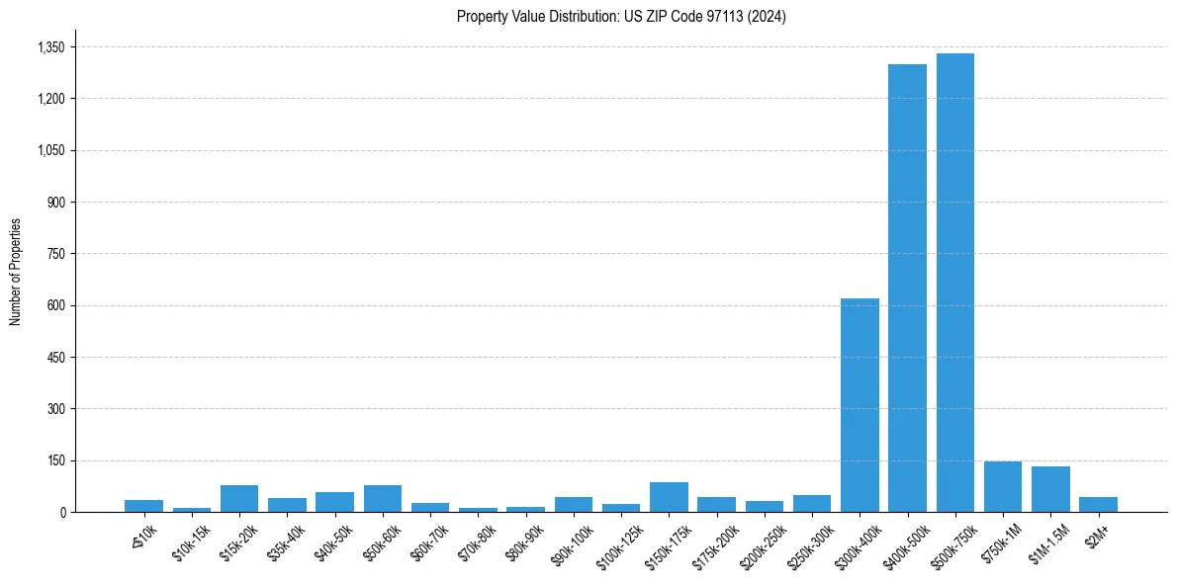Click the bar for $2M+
coord(1098,505)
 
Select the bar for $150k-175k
coord(669,497)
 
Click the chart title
coord(621,17)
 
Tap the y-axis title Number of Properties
coord(16,272)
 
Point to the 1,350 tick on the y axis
coord(49,47)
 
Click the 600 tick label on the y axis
coord(56,305)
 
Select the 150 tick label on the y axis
coord(56,460)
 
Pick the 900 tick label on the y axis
coord(56,203)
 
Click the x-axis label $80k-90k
coord(525,541)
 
